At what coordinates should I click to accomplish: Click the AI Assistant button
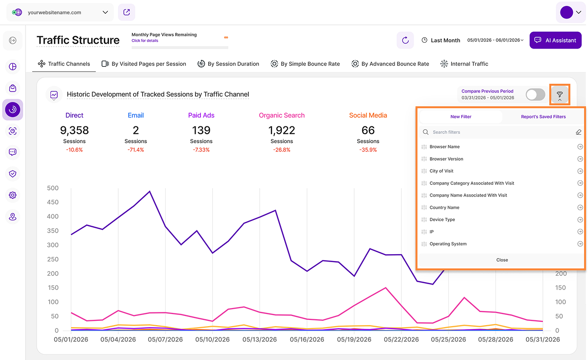[x=555, y=40]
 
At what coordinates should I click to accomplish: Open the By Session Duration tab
[x=228, y=64]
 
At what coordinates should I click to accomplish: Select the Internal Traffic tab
[x=464, y=64]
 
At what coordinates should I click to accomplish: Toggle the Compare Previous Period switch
[x=535, y=95]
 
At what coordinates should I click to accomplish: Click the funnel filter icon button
[x=560, y=95]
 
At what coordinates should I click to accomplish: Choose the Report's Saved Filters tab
[x=543, y=117]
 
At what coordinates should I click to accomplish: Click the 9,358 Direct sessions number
[x=74, y=130]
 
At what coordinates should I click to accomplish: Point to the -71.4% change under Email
[x=136, y=150]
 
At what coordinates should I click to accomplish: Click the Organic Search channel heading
[x=282, y=115]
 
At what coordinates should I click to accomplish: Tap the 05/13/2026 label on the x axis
[x=259, y=339]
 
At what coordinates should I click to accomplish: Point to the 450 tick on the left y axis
[x=52, y=202]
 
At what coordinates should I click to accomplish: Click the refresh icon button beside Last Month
[x=405, y=40]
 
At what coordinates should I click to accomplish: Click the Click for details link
[x=145, y=41]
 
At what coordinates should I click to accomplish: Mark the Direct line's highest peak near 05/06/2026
[x=149, y=192]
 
